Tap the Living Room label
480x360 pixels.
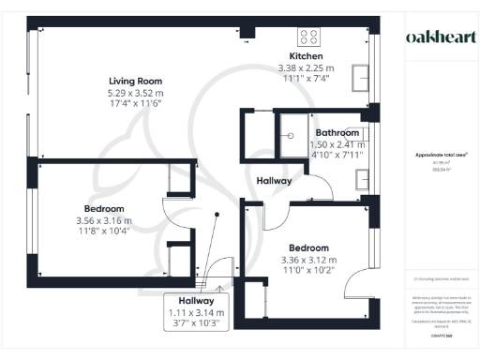(136, 82)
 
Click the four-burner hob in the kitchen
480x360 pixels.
(308, 37)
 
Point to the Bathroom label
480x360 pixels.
(337, 133)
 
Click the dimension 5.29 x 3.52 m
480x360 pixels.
(136, 93)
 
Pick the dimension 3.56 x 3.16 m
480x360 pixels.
(104, 220)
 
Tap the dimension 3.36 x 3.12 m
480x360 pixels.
(308, 260)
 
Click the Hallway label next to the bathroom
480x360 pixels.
(274, 180)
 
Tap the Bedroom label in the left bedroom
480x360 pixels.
(104, 208)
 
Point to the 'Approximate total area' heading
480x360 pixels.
(440, 155)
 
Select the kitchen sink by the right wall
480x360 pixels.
(360, 75)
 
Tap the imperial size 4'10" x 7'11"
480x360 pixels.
(337, 155)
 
